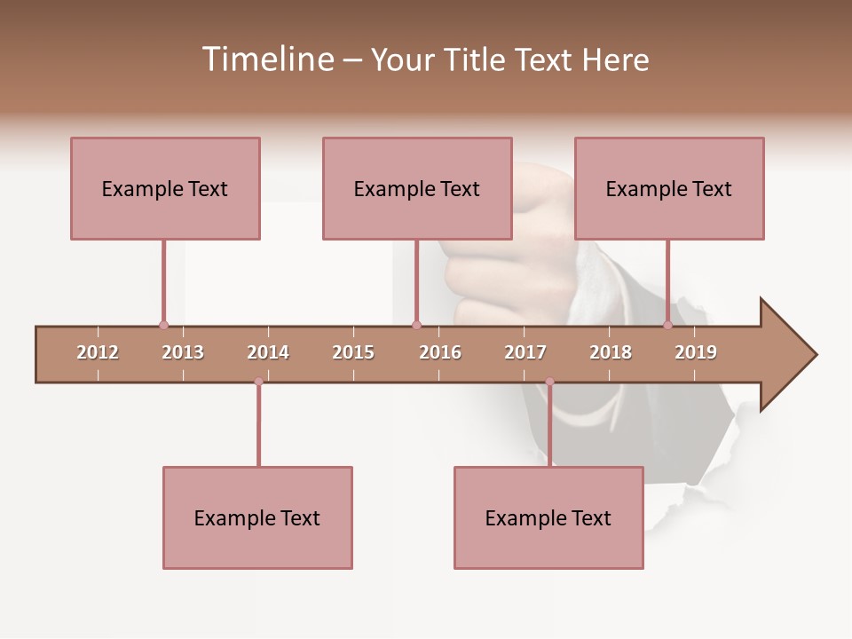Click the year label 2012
click(98, 352)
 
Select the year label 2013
click(183, 352)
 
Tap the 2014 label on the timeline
click(268, 352)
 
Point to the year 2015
click(353, 352)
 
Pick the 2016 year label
click(440, 352)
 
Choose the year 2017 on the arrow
click(525, 352)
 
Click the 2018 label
click(611, 352)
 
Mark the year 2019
click(696, 352)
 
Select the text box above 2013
click(165, 188)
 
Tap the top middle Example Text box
click(417, 188)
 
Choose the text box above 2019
click(669, 188)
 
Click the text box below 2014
click(257, 517)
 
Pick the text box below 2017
click(548, 517)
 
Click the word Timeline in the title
click(267, 59)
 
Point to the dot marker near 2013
click(163, 326)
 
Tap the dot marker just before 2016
click(417, 326)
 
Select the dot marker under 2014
click(258, 382)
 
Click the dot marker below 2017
click(549, 382)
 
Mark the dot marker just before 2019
click(668, 326)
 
